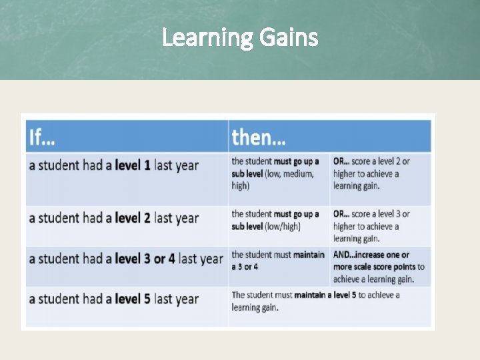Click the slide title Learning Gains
[x=240, y=38]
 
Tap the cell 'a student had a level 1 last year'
[x=113, y=165]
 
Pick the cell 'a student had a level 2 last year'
[x=113, y=218]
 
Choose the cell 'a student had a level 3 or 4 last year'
[x=125, y=259]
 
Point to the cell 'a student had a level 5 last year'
[x=113, y=299]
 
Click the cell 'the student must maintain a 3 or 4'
[x=277, y=260]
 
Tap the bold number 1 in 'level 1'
[x=147, y=165]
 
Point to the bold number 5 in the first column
[x=147, y=299]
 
